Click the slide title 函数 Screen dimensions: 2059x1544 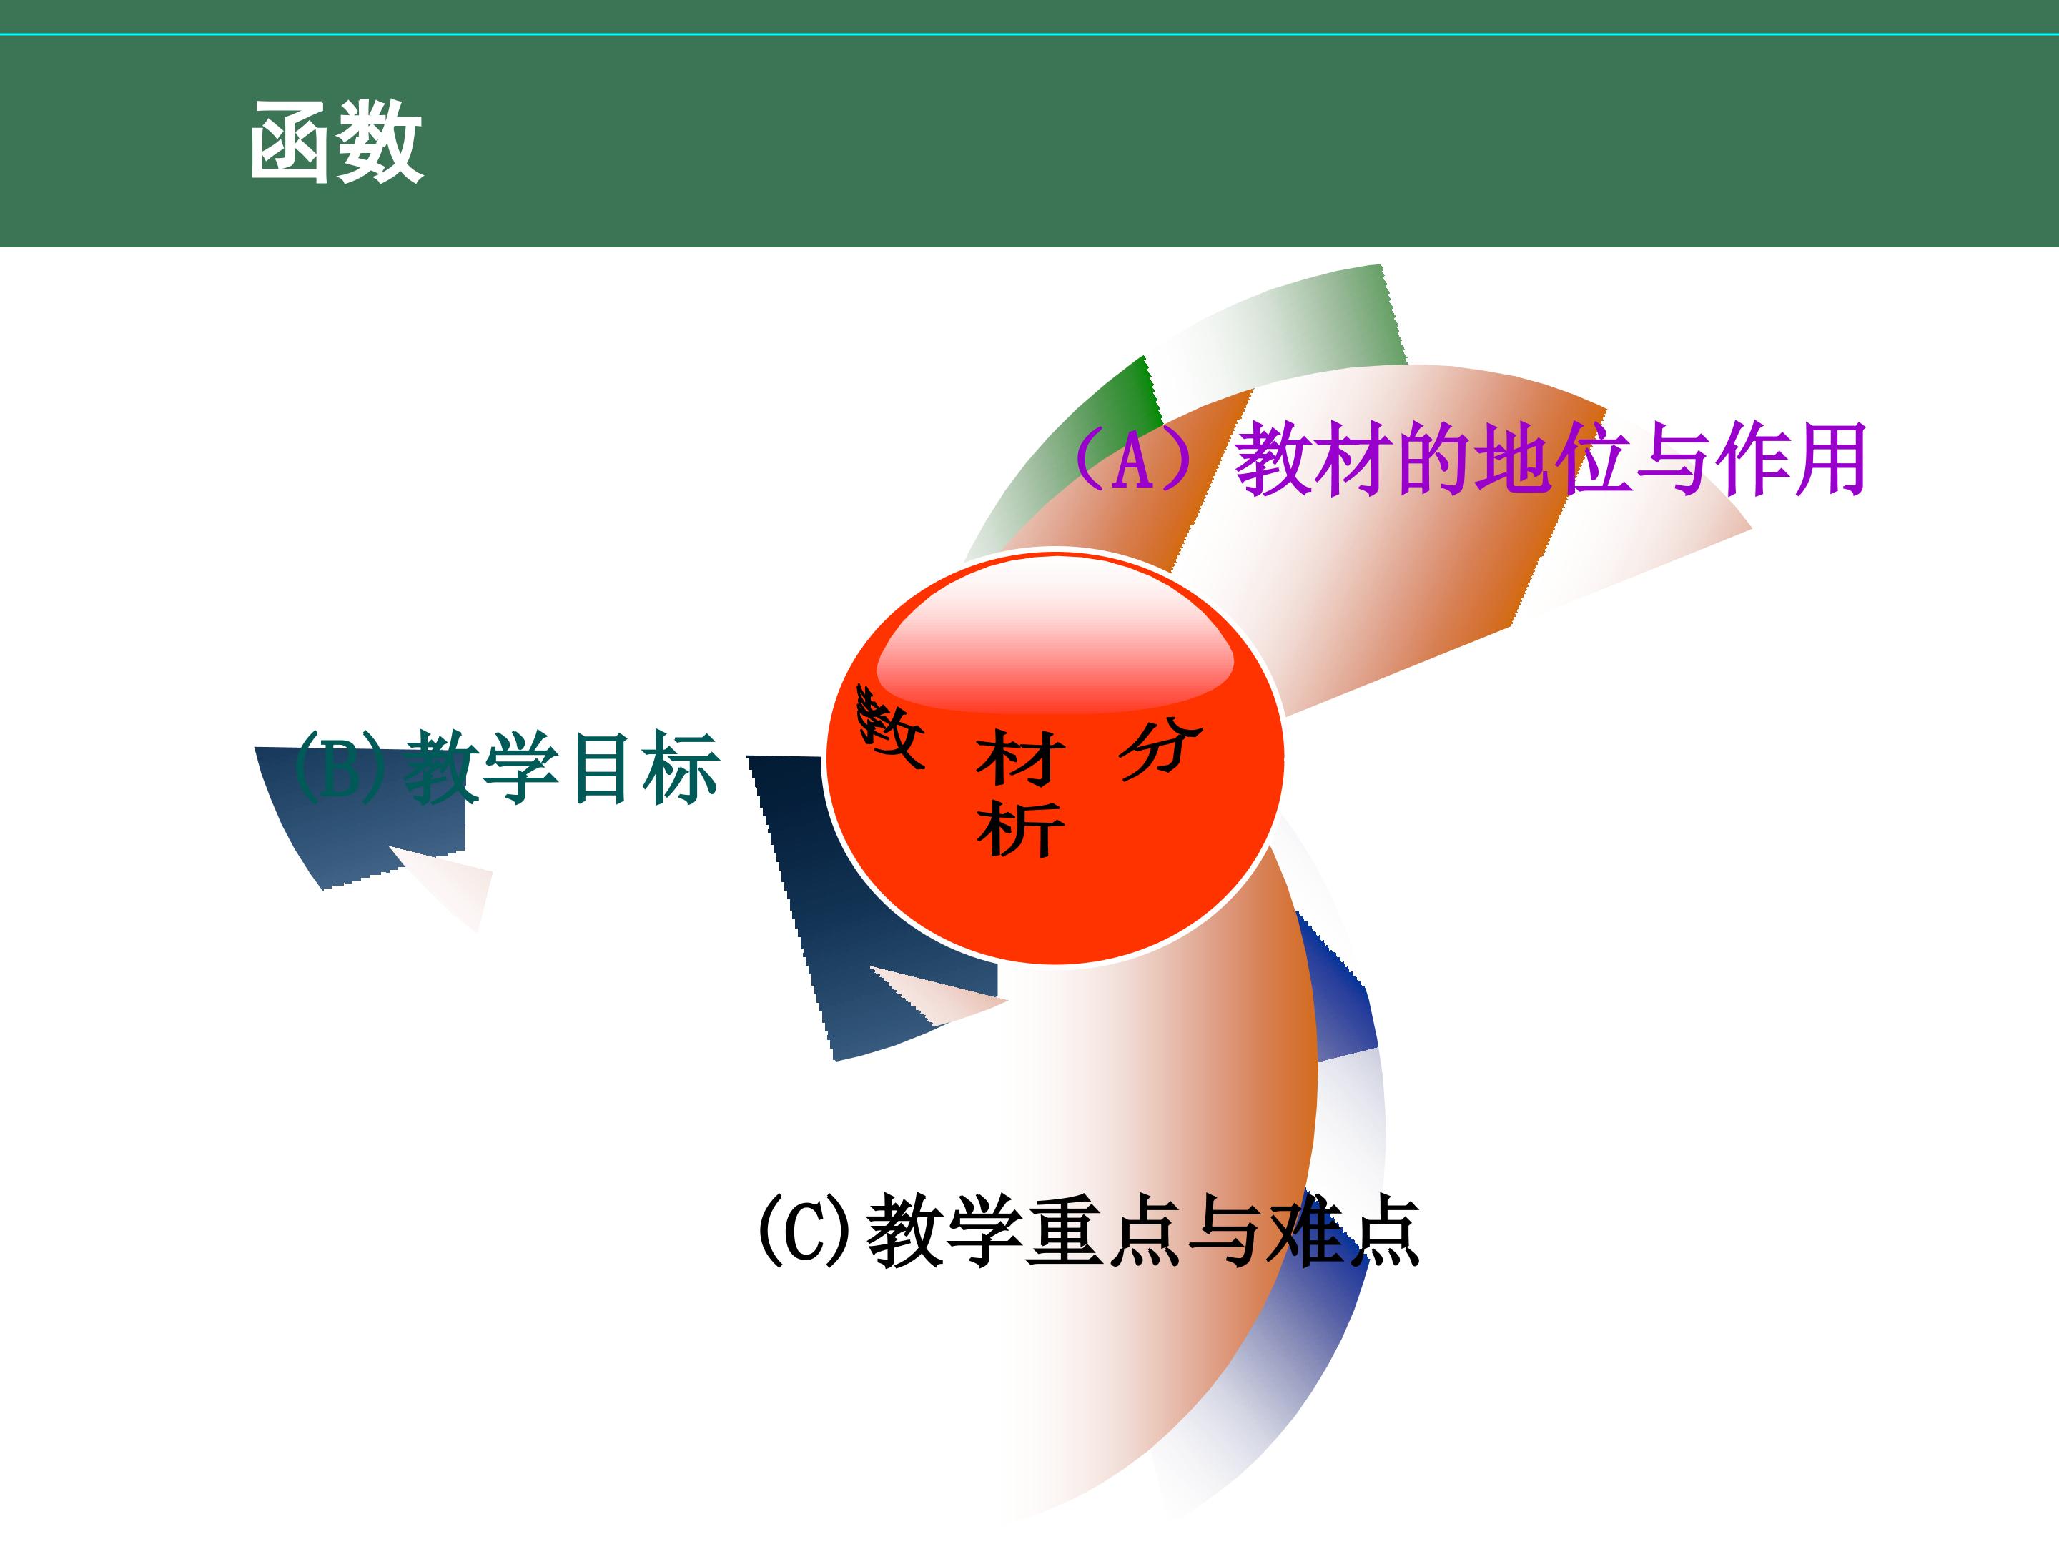pyautogui.click(x=337, y=142)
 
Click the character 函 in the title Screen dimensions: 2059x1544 pyautogui.click(x=292, y=142)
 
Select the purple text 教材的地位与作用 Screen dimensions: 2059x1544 pyautogui.click(x=1551, y=460)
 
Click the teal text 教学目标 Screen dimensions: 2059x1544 pyautogui.click(x=561, y=767)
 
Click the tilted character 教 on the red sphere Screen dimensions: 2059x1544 pyautogui.click(x=890, y=728)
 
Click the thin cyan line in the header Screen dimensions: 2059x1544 pyautogui.click(x=1029, y=35)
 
